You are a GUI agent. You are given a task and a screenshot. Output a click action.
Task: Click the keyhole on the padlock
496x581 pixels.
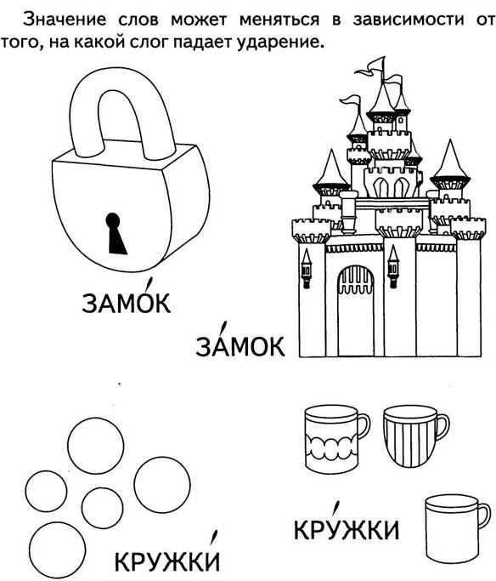pos(116,233)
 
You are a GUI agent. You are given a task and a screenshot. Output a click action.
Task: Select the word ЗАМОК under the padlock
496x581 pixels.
pos(127,303)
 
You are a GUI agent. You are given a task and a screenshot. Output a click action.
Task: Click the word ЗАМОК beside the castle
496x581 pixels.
pos(240,346)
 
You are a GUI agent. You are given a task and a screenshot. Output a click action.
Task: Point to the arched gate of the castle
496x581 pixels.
pos(356,310)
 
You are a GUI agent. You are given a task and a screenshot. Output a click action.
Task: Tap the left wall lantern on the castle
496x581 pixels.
pos(306,268)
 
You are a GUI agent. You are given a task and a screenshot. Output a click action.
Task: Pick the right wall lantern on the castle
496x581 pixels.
pos(393,266)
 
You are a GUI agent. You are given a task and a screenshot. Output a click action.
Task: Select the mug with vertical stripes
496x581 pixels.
pos(415,436)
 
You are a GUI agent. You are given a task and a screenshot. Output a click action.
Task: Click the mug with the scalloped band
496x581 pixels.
pos(335,439)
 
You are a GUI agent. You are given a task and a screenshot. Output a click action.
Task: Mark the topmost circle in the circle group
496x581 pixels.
pos(95,445)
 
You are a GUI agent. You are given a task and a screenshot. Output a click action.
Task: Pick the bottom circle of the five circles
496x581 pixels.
pos(58,550)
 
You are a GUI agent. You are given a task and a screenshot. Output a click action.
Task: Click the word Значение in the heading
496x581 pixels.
pos(65,19)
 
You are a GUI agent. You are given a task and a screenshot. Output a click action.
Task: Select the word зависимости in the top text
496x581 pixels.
pos(409,19)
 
